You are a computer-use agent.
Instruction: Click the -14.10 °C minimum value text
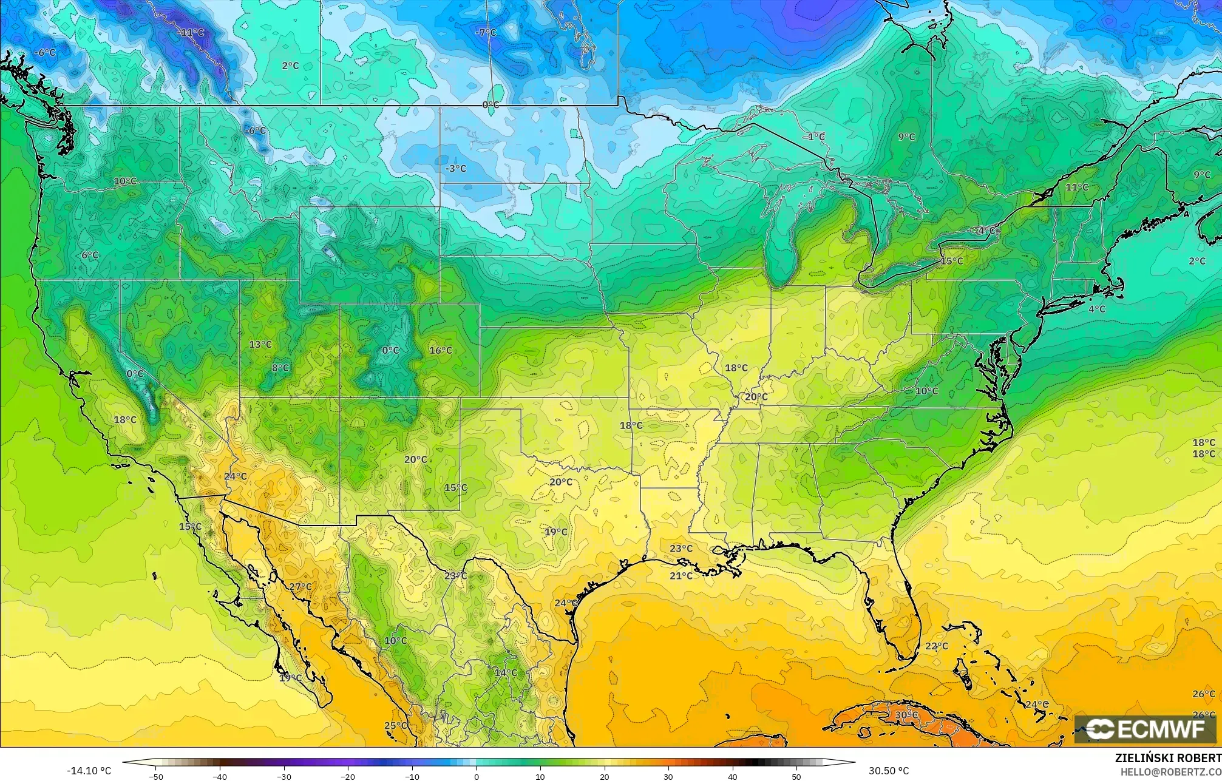[89, 771]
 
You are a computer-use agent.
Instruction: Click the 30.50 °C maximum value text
[889, 771]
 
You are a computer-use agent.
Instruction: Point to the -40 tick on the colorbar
[220, 776]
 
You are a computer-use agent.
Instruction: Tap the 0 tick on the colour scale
[477, 776]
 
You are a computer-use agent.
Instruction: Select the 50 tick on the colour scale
[796, 776]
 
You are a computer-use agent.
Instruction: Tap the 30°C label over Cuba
[906, 715]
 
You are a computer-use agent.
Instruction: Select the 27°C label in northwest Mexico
[300, 587]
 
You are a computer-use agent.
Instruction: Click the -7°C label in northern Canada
[486, 32]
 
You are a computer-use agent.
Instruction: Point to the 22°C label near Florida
[937, 646]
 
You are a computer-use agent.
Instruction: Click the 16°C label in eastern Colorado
[441, 350]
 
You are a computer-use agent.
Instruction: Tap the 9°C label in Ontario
[906, 137]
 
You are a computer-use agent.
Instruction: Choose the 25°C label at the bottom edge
[395, 726]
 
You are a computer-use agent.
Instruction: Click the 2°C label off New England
[1197, 261]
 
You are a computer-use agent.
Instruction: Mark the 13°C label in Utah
[260, 345]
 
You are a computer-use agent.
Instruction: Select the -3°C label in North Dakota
[455, 169]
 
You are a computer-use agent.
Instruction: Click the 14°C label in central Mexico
[506, 673]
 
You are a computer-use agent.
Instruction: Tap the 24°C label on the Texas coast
[566, 603]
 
